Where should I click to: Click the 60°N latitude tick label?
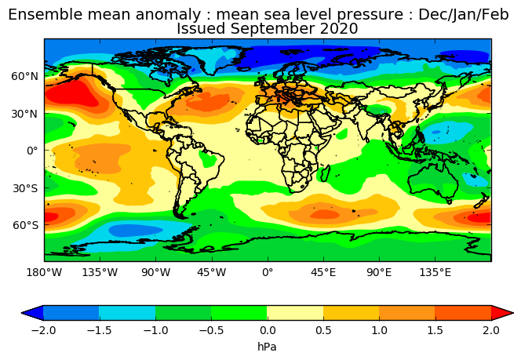pos(25,76)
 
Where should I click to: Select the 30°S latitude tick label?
pos(25,189)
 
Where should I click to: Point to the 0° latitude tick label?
pos(33,151)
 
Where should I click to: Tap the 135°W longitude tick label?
pos(100,273)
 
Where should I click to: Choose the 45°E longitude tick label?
pos(323,273)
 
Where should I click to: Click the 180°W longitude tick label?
pos(44,273)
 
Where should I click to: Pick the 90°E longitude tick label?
pos(380,273)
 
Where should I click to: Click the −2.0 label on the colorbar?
pos(43,330)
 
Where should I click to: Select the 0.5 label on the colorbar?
pos(323,330)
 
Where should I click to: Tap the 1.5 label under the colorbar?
pos(435,330)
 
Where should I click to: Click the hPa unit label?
pos(267,347)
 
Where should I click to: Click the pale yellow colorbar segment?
pos(295,313)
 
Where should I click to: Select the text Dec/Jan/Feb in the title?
pos(464,15)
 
